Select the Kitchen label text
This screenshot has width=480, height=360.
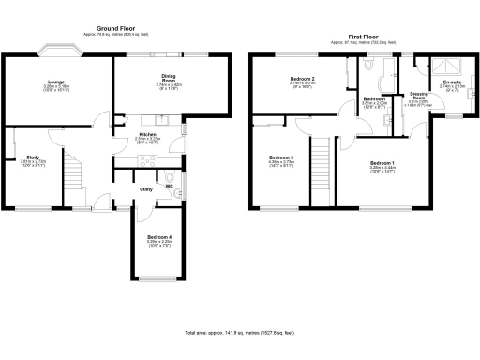click(148, 134)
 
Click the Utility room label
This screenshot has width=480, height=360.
click(146, 189)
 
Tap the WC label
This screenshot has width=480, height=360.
click(170, 187)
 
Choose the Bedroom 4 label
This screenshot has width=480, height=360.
click(157, 237)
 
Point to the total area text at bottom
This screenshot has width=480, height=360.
click(240, 333)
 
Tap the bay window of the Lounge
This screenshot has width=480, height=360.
click(57, 52)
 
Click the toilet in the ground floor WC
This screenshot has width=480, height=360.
click(168, 176)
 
